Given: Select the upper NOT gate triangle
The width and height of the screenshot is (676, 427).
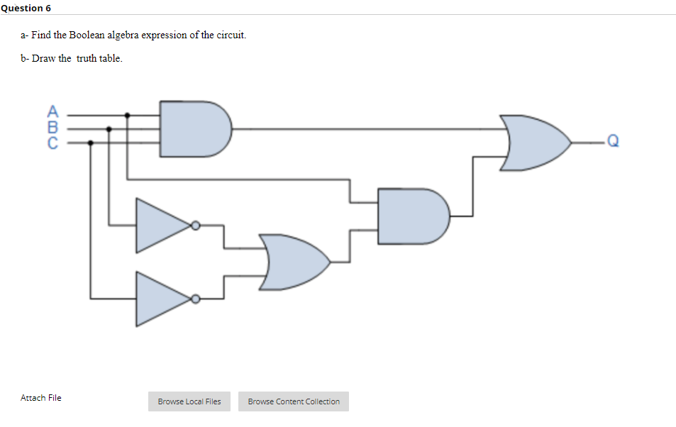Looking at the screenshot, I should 162,226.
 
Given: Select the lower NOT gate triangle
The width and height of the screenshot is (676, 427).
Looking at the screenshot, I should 162,299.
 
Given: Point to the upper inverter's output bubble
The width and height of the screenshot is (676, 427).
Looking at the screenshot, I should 196,226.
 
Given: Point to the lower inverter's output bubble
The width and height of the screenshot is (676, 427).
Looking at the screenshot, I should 196,299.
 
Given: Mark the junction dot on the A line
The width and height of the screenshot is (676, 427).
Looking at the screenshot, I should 127,114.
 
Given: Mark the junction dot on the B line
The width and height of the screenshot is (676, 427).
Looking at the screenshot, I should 109,128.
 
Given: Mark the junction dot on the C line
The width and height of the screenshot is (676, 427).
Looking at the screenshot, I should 90,142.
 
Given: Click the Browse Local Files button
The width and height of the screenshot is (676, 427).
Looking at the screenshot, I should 189,401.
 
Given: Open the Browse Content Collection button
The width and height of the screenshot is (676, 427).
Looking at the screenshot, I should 294,401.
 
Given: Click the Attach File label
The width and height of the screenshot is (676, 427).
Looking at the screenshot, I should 41,398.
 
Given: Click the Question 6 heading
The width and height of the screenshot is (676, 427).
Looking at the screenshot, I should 26,8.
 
